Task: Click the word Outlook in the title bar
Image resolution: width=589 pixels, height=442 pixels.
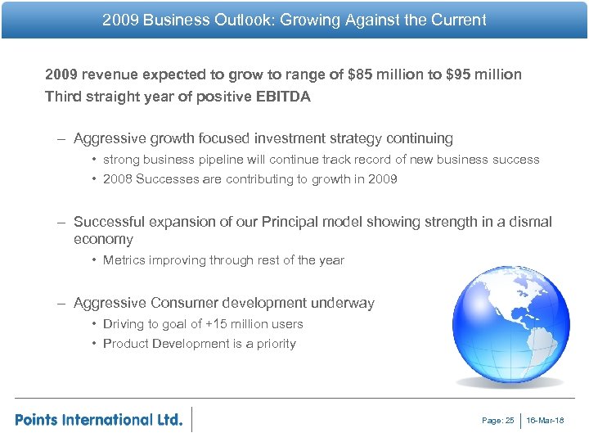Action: pos(244,20)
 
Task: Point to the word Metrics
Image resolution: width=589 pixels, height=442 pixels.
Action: pos(125,260)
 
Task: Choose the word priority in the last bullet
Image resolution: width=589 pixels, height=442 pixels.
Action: pos(276,344)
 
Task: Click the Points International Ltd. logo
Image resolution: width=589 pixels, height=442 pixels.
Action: pos(98,420)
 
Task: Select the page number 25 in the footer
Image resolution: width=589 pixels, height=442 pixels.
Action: pos(510,421)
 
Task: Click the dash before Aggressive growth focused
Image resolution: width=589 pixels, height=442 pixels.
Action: pos(62,139)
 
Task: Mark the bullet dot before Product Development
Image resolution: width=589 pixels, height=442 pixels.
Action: pos(95,344)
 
